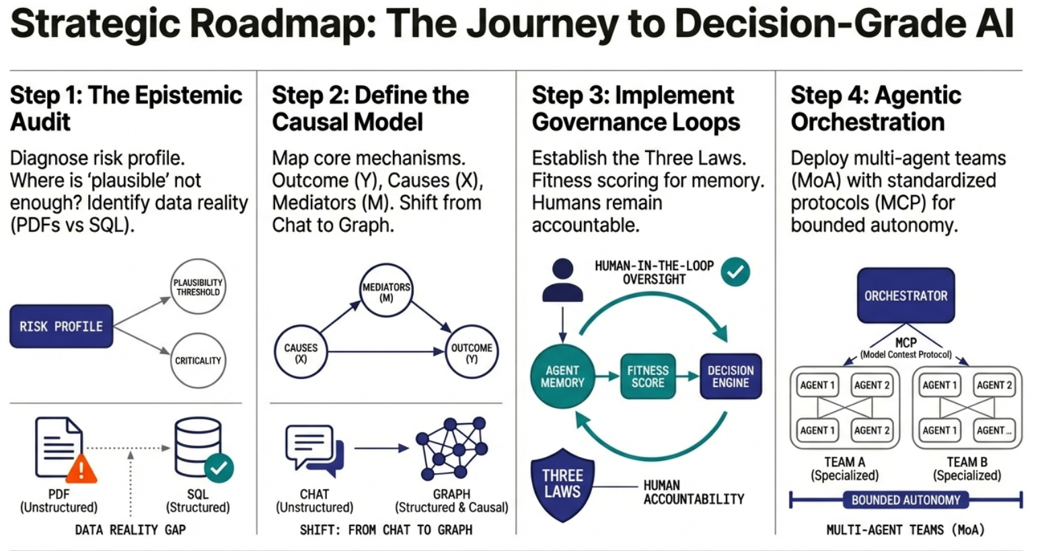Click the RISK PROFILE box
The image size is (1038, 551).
(61, 327)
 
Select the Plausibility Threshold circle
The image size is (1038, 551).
(198, 287)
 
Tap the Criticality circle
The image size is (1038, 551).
(198, 361)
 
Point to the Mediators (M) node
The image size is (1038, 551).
(386, 292)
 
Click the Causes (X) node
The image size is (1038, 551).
(301, 353)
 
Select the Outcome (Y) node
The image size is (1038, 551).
(472, 353)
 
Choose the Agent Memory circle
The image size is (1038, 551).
(562, 376)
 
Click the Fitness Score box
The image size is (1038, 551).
(648, 376)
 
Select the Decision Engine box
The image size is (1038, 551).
(731, 376)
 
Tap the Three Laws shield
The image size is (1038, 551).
(562, 484)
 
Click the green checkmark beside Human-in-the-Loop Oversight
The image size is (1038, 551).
(735, 271)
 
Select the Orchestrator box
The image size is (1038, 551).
(905, 296)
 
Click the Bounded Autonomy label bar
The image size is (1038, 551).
(905, 500)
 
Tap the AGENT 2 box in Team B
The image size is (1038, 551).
(994, 385)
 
